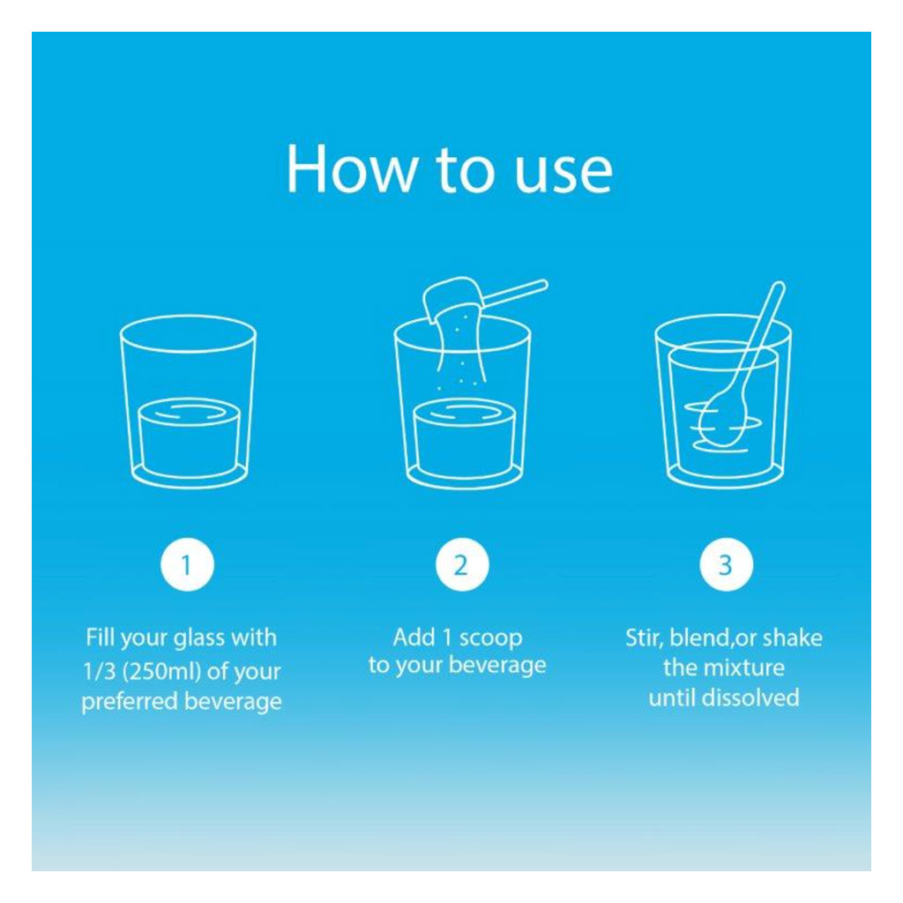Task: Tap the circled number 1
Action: point(187,565)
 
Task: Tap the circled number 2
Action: point(462,565)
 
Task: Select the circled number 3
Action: point(727,565)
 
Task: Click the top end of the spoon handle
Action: point(779,285)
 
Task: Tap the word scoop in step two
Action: point(490,638)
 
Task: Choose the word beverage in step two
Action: point(497,665)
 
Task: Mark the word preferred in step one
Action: point(130,702)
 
